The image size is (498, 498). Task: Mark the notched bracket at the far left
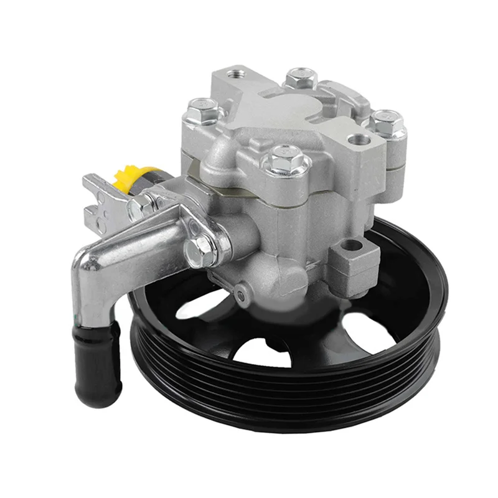96,199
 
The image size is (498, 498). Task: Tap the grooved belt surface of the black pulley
293,405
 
